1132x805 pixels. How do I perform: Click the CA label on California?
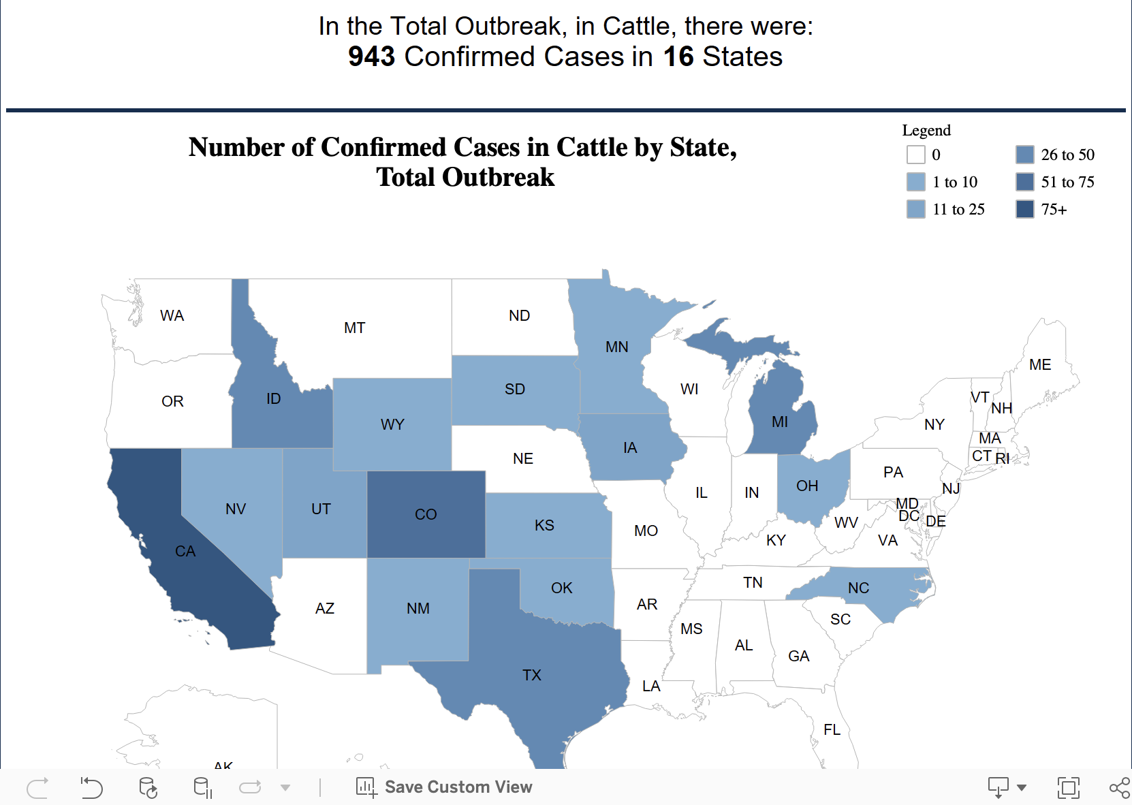185,551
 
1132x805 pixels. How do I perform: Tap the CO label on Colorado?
426,514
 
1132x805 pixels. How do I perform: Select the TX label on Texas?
532,675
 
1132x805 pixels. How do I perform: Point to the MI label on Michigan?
780,422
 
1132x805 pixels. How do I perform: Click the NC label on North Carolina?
858,588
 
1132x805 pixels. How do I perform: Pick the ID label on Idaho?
274,398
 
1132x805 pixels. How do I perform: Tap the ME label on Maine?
1040,364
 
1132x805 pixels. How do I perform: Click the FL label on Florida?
832,729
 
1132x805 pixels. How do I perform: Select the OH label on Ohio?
807,486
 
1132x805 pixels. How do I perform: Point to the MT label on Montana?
354,328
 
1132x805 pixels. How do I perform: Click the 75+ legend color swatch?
1024,209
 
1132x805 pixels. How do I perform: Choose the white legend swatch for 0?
915,155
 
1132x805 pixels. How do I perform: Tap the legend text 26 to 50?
1067,155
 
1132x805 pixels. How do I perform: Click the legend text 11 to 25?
958,209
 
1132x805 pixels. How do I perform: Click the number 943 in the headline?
371,57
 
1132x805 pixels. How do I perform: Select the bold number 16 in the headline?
678,57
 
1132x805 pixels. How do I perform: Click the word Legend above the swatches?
926,130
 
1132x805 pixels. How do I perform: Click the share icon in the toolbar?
1119,787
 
